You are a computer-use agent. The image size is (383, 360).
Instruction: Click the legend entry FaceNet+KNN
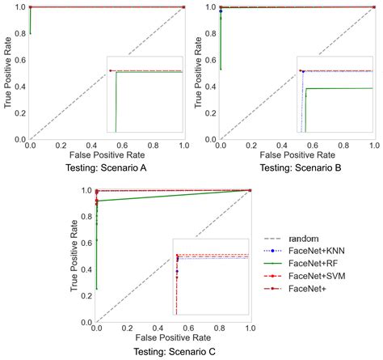point(316,251)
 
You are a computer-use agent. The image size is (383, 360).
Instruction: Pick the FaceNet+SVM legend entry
point(317,276)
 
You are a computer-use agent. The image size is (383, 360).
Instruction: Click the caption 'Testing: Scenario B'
point(297,169)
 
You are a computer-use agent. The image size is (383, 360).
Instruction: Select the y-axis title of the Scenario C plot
point(74,254)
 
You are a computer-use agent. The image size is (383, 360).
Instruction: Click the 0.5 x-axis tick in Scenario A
point(107,145)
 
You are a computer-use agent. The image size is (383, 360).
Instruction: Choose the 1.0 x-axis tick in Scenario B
point(373,145)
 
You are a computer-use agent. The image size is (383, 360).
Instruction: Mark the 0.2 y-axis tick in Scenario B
point(209,112)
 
